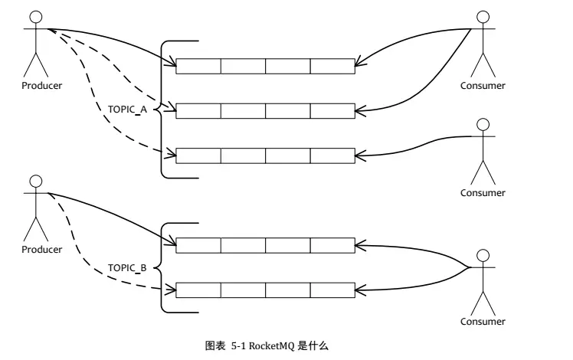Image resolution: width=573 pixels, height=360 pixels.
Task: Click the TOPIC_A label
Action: pyautogui.click(x=127, y=110)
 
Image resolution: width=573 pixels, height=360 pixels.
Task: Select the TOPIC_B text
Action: pyautogui.click(x=127, y=268)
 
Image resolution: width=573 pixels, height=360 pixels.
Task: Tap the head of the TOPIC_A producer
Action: pyautogui.click(x=36, y=16)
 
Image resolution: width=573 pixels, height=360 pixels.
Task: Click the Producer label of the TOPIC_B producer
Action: pyautogui.click(x=41, y=249)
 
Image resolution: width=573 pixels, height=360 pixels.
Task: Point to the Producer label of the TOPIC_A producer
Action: pyautogui.click(x=41, y=86)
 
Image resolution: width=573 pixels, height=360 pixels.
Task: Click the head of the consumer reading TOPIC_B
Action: pyautogui.click(x=483, y=256)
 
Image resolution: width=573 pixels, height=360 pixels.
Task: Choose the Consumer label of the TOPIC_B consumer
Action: pyautogui.click(x=483, y=322)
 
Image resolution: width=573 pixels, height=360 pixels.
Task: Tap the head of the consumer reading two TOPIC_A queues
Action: pyautogui.click(x=483, y=17)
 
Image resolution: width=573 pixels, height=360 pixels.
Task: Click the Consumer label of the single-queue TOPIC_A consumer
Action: pyautogui.click(x=483, y=192)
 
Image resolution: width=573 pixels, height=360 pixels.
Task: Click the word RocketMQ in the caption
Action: pyautogui.click(x=271, y=345)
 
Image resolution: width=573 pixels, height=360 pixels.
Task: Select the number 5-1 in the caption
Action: pyautogui.click(x=238, y=345)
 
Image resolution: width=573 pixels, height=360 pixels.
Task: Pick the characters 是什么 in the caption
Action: pyautogui.click(x=313, y=345)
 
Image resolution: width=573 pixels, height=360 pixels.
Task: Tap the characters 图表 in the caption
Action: pyautogui.click(x=215, y=345)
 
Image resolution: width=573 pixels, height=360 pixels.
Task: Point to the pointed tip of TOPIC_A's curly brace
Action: pyautogui.click(x=154, y=110)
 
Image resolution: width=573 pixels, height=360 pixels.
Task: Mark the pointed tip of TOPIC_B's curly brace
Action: pyautogui.click(x=154, y=268)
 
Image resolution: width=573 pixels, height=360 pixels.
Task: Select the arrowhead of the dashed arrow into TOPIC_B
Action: pyautogui.click(x=172, y=290)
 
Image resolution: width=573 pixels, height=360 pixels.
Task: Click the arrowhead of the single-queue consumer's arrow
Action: pyautogui.click(x=359, y=155)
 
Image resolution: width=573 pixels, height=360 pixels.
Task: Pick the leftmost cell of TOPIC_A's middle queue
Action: pyautogui.click(x=198, y=111)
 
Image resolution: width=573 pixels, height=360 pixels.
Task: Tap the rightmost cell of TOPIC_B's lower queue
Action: pyautogui.click(x=332, y=290)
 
